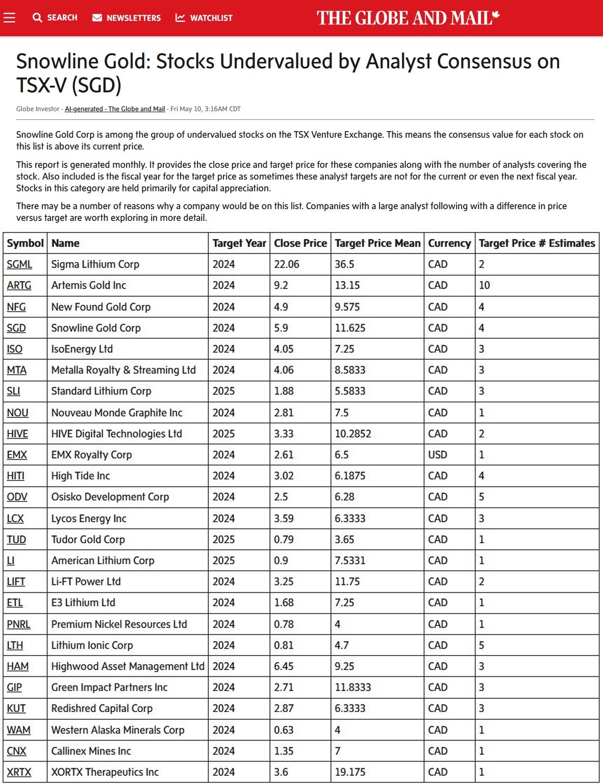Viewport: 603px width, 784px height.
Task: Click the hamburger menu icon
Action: coord(10,18)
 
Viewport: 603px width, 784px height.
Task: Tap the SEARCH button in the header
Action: coord(55,18)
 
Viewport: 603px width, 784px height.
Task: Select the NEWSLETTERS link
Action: coord(127,18)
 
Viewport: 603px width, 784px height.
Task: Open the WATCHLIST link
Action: coord(204,18)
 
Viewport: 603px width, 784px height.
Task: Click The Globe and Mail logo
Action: coord(408,18)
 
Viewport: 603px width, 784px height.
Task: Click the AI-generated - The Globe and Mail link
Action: coord(115,109)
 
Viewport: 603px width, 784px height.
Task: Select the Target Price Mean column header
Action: coord(378,243)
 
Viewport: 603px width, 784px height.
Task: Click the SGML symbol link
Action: coord(19,264)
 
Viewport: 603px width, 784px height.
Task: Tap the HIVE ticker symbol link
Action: coord(17,434)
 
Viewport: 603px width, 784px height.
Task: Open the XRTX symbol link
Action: coord(19,772)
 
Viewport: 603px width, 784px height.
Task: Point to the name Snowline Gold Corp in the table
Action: coord(96,328)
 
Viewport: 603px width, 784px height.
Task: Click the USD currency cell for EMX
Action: coord(438,454)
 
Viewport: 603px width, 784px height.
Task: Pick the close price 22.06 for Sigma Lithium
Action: coord(287,264)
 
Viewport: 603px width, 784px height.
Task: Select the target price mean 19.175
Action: coord(350,772)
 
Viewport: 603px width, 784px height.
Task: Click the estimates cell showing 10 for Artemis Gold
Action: coord(484,285)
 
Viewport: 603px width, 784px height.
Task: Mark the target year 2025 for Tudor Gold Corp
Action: coord(223,539)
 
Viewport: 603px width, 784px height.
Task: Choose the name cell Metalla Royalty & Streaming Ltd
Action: coord(123,370)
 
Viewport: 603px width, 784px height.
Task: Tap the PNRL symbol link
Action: coord(19,624)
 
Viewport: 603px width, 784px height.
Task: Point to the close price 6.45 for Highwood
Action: coord(284,666)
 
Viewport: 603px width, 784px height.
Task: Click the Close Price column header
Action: coord(300,243)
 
